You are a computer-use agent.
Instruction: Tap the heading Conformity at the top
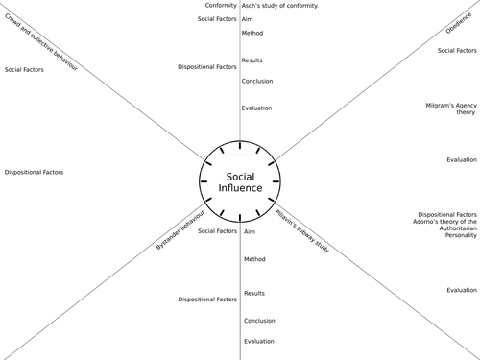(221, 6)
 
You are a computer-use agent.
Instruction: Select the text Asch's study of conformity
(280, 6)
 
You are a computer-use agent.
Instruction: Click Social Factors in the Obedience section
(457, 50)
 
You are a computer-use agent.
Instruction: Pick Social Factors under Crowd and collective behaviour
(25, 70)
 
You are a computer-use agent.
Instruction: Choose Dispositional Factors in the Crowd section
(35, 173)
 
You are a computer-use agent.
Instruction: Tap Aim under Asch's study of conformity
(248, 19)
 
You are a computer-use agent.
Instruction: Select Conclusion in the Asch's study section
(258, 81)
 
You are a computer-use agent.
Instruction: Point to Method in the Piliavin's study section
(254, 259)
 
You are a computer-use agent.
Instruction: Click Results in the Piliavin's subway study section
(254, 294)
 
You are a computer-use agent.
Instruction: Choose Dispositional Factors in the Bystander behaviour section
(207, 300)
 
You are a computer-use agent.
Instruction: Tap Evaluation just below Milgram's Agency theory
(462, 160)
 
